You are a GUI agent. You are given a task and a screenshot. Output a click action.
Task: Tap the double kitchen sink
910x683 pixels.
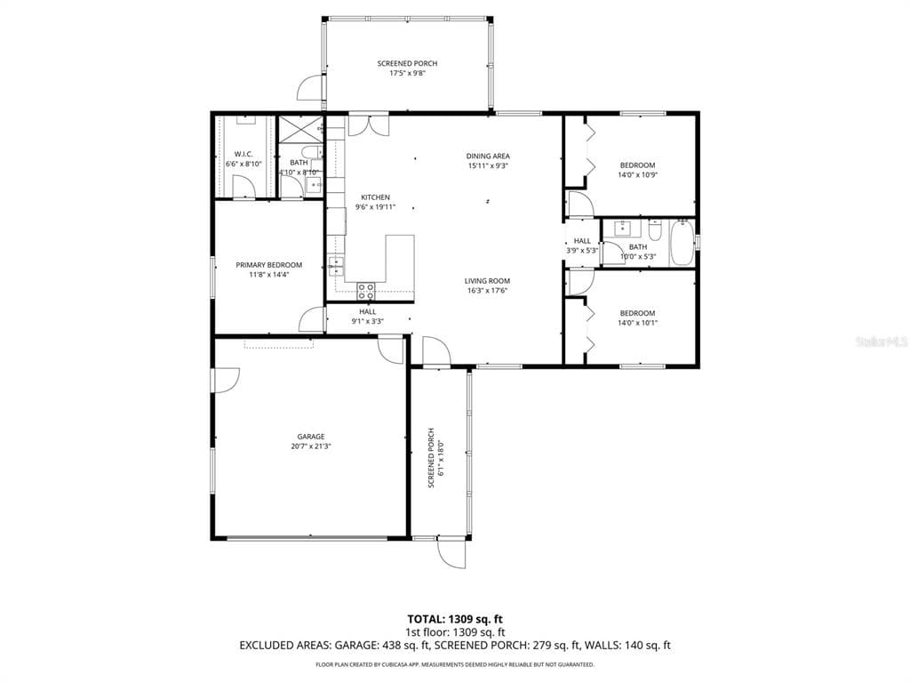coord(337,263)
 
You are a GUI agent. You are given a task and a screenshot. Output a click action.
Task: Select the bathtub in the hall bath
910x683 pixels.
coord(682,242)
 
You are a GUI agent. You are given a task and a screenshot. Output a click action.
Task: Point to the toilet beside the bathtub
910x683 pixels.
coord(655,231)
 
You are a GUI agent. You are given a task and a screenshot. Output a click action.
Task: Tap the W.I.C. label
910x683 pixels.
coord(243,154)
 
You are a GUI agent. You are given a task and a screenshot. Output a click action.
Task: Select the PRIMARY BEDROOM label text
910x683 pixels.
coord(268,265)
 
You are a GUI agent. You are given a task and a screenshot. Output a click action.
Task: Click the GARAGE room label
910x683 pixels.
coord(310,437)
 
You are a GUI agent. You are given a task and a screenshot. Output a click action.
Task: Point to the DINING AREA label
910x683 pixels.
coord(488,157)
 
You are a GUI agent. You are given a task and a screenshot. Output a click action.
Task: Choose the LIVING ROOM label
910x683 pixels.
coord(487,281)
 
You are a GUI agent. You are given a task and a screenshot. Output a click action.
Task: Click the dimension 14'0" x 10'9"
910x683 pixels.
coord(637,175)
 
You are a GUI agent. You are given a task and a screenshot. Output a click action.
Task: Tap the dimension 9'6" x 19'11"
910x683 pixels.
coord(374,207)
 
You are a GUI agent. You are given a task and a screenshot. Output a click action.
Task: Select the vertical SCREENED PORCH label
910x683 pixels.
coord(431,458)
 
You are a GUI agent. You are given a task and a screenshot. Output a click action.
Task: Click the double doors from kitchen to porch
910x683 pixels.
coord(367,125)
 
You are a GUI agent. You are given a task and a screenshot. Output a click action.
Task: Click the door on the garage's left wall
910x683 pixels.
coord(224,381)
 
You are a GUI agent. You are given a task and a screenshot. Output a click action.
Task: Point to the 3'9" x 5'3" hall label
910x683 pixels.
coord(582,251)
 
